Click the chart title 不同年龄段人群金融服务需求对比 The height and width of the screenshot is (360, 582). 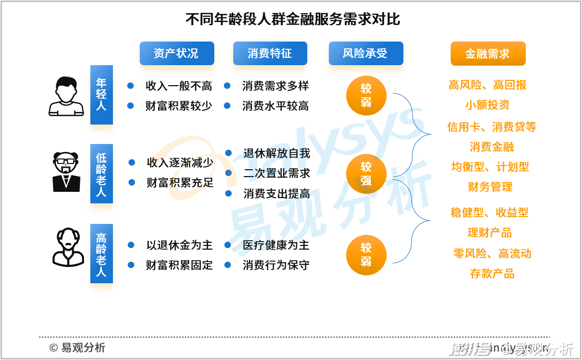pyautogui.click(x=293, y=19)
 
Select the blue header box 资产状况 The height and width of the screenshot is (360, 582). pyautogui.click(x=176, y=53)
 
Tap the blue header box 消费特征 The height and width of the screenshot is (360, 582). pyautogui.click(x=270, y=53)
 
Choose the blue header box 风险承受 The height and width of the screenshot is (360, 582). pyautogui.click(x=366, y=53)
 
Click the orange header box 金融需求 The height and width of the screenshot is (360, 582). pyautogui.click(x=488, y=54)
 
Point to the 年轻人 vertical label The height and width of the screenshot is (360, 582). pyautogui.click(x=101, y=95)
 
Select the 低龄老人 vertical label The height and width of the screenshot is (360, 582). pyautogui.click(x=101, y=174)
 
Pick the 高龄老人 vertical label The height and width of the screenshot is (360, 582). pyautogui.click(x=101, y=254)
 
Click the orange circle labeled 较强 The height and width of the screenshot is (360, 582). pyautogui.click(x=366, y=173)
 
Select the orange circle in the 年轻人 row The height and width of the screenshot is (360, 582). pyautogui.click(x=366, y=95)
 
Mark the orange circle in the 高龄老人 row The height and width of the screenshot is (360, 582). pyautogui.click(x=366, y=254)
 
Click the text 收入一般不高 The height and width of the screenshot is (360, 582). pyautogui.click(x=179, y=86)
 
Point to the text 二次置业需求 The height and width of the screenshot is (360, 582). pyautogui.click(x=277, y=173)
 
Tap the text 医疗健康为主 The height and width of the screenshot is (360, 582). pyautogui.click(x=276, y=245)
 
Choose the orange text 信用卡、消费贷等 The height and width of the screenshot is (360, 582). pyautogui.click(x=492, y=127)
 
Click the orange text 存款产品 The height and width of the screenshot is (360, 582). pyautogui.click(x=492, y=273)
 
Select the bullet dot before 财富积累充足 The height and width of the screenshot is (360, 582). pyautogui.click(x=132, y=182)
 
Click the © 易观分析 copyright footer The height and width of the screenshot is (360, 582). pyautogui.click(x=77, y=347)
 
